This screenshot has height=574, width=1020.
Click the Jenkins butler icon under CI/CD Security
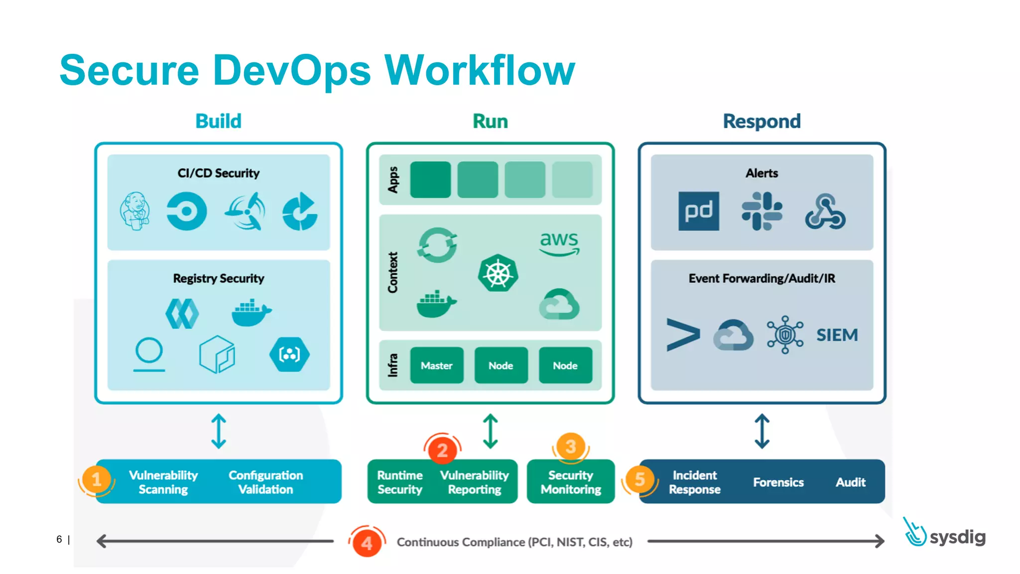[x=135, y=211]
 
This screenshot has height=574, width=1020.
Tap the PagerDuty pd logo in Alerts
[x=698, y=211]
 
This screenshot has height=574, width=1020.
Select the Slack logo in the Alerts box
[x=762, y=211]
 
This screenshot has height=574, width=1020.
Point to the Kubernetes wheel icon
[x=498, y=274]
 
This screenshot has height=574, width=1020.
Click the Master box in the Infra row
[x=437, y=365]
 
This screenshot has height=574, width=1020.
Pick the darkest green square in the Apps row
[x=430, y=179]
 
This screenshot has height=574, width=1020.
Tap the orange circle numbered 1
[x=97, y=480]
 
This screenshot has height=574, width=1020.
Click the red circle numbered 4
[x=367, y=542]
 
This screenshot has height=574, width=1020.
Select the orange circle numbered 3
[x=571, y=446]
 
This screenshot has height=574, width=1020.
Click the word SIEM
[x=837, y=335]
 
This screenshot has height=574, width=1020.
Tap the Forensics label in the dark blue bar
[x=778, y=482]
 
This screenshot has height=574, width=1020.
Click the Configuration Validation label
[x=265, y=482]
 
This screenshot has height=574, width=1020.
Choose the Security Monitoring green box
[x=571, y=482]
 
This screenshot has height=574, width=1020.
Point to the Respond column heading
[x=762, y=121]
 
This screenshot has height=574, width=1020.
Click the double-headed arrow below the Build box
[x=219, y=431]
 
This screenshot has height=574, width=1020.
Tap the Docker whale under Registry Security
[x=251, y=313]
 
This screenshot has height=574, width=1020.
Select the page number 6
[x=59, y=540]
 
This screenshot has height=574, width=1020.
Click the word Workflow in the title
[x=480, y=70]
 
